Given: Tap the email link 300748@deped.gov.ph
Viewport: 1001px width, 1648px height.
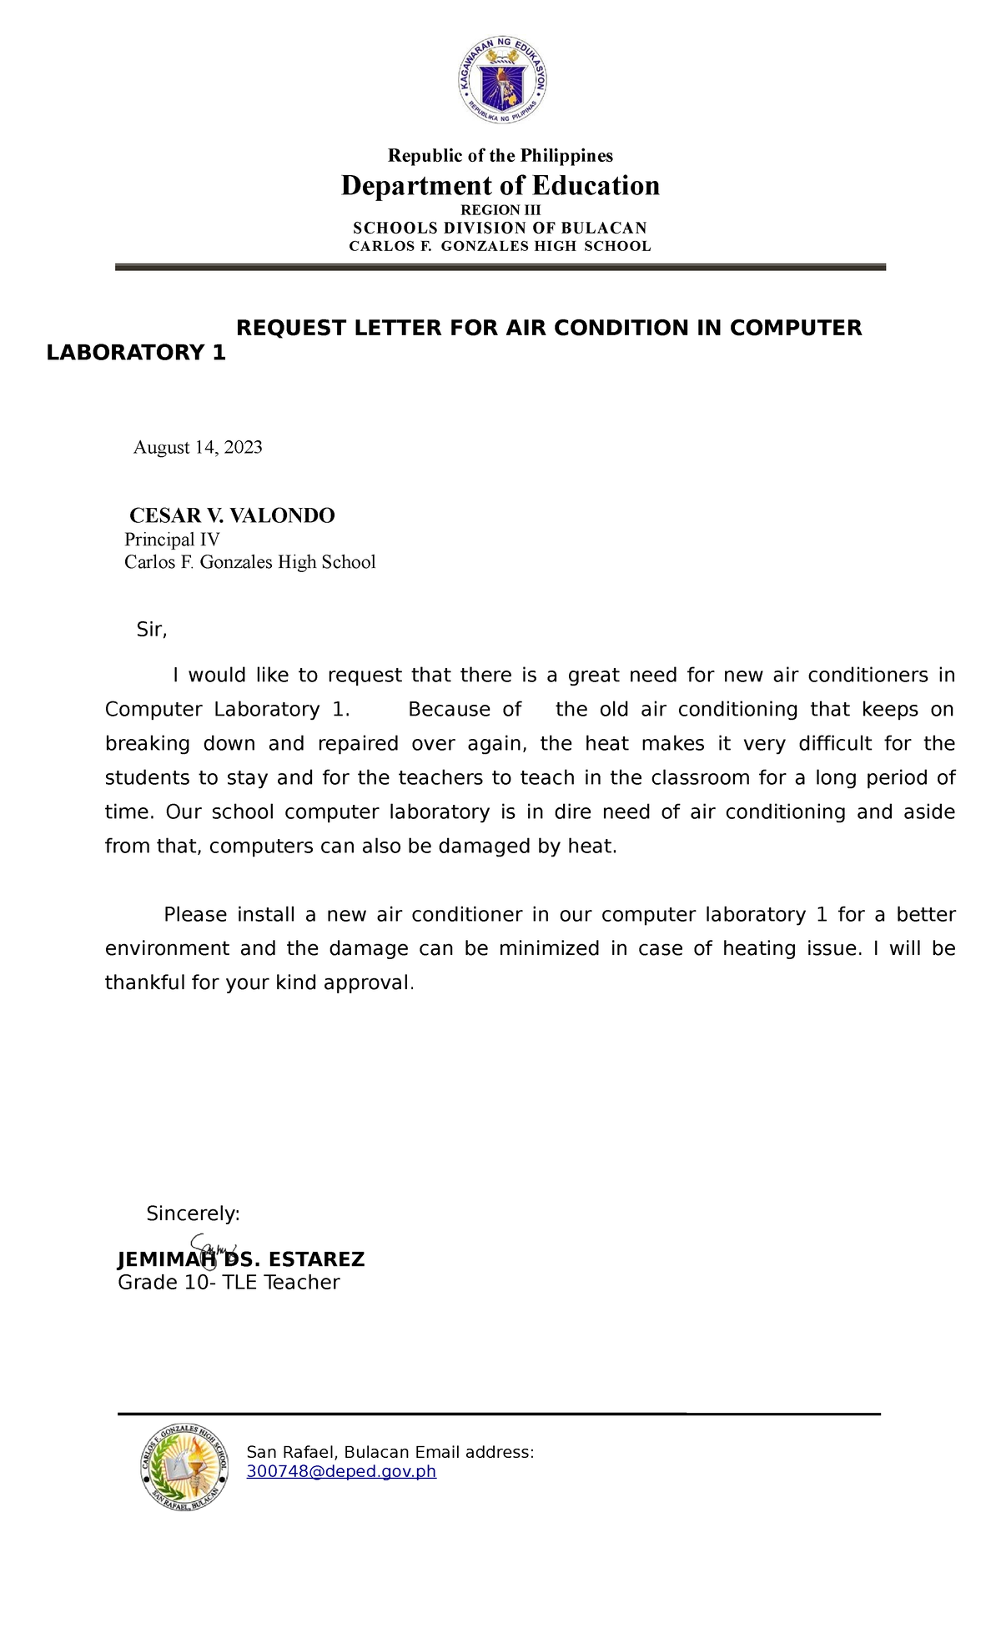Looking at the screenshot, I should point(341,1471).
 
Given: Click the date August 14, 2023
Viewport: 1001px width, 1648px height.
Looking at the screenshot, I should point(198,447).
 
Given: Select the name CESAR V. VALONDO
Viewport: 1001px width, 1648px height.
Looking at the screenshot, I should point(232,515).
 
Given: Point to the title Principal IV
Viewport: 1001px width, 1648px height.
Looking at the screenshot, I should point(172,540).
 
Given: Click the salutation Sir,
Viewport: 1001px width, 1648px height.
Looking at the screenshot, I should point(152,630).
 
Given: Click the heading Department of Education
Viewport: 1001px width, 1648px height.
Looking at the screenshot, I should point(500,185).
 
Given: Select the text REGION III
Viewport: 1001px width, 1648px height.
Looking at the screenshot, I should point(500,210).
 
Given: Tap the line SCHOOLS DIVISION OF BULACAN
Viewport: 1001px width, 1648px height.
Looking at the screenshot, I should point(500,228).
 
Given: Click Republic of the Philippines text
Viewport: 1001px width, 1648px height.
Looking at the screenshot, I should point(500,156).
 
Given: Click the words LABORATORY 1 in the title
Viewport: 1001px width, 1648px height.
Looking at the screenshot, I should point(136,353).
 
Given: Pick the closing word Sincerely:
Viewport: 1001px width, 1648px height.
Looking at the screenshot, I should point(193,1213).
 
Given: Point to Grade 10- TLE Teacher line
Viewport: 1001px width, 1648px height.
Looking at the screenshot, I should point(229,1283).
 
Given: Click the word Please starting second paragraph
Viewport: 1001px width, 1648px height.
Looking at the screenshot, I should point(195,915).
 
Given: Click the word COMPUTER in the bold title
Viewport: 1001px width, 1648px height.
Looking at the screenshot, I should point(796,328).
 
